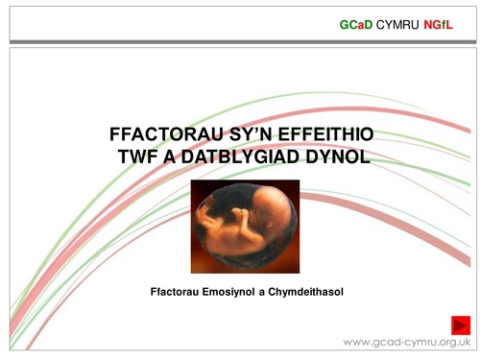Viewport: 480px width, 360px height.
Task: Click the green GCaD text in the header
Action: [x=356, y=22]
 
